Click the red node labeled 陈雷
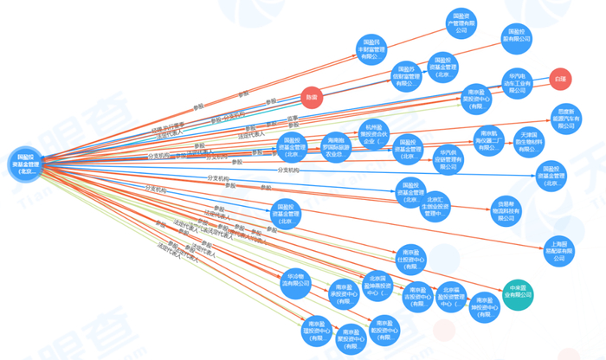click(x=309, y=96)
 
